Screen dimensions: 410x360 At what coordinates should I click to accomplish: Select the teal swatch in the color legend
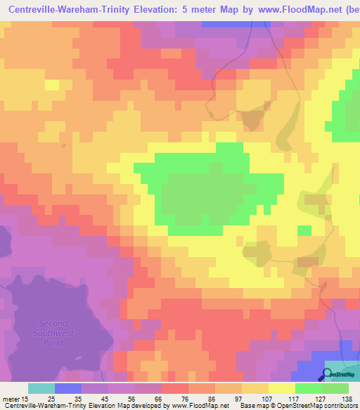41,388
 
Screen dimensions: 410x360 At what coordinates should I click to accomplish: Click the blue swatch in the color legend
67,388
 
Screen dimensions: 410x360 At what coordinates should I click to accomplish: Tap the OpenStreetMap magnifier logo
328,375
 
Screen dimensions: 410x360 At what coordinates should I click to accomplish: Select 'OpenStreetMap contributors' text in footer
319,406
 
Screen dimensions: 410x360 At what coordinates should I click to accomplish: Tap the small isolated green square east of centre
304,230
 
